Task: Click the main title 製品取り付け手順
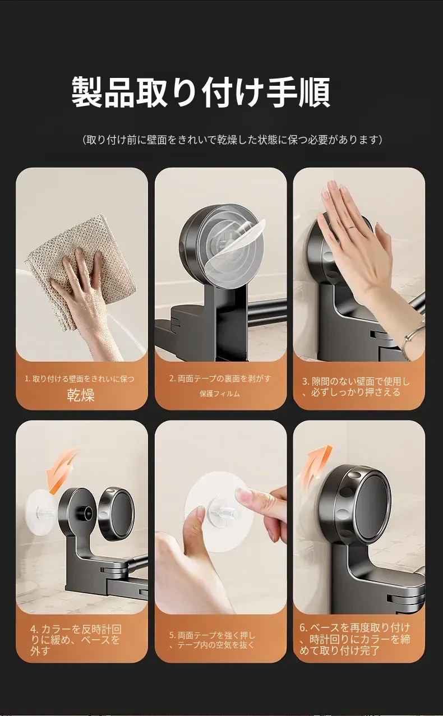point(200,92)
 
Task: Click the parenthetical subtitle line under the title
point(232,140)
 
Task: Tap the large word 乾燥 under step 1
point(81,395)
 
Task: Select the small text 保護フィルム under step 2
point(220,394)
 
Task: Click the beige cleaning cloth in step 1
point(81,272)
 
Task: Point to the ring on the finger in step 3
point(351,227)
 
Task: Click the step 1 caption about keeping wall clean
point(80,379)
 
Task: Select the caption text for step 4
point(76,640)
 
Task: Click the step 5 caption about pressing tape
point(212,640)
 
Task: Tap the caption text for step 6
point(354,639)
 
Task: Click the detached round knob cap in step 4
point(116,512)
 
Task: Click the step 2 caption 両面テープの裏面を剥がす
point(220,378)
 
